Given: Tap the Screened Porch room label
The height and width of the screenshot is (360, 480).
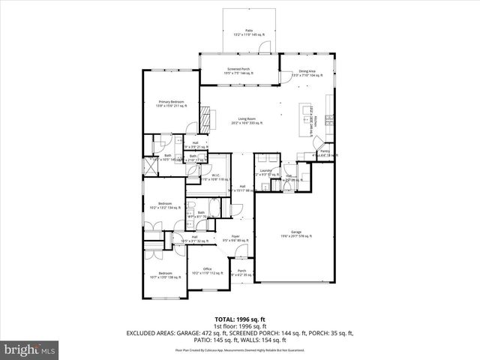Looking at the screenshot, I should tap(239, 70).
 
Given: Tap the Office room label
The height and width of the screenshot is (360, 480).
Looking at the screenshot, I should tap(207, 271).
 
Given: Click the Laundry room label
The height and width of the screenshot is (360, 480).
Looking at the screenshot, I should tap(265, 172).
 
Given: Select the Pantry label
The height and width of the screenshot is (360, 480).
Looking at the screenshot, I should tap(324, 152).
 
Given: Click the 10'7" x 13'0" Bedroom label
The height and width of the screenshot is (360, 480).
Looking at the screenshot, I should tap(165, 275).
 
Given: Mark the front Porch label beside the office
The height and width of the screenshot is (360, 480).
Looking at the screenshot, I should tap(241, 273).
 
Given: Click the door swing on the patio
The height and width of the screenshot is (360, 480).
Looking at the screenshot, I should tap(262, 46).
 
